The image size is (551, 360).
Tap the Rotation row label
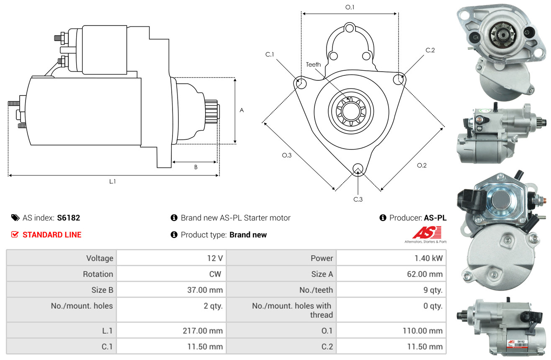pyautogui.click(x=98, y=274)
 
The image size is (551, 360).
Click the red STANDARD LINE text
pyautogui.click(x=52, y=235)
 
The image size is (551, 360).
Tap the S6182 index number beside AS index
pyautogui.click(x=68, y=218)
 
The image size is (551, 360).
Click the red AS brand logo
pyautogui.click(x=427, y=232)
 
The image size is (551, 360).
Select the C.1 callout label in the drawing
pyautogui.click(x=270, y=54)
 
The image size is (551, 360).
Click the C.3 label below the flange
pyautogui.click(x=358, y=199)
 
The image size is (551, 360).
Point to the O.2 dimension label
pyautogui.click(x=422, y=165)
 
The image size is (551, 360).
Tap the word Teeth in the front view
pyautogui.click(x=313, y=64)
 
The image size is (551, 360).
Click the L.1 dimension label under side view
pyautogui.click(x=113, y=181)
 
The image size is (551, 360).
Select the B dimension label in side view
pyautogui.click(x=196, y=167)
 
